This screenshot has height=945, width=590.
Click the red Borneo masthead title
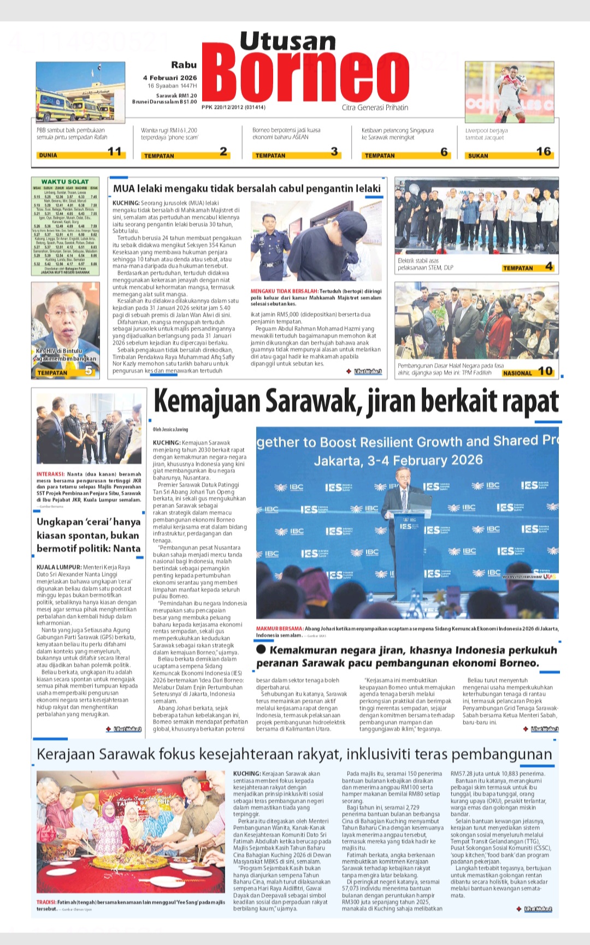309,76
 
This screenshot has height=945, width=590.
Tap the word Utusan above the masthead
287,41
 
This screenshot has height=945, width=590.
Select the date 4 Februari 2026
170,78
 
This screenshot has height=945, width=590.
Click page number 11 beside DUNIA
114,152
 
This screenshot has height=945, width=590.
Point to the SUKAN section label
478,156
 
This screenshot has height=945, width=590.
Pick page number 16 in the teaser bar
543,152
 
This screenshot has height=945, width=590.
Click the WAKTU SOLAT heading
65,181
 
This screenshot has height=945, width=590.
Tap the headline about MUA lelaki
246,189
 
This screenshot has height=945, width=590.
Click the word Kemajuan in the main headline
208,402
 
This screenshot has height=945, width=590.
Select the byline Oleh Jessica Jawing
170,430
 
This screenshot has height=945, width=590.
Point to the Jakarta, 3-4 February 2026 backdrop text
398,460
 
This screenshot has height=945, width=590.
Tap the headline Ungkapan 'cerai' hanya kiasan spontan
88,535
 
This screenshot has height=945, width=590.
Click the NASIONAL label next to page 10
517,373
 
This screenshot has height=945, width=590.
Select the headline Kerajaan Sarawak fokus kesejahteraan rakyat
294,754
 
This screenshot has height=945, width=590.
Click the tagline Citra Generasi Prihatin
375,108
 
